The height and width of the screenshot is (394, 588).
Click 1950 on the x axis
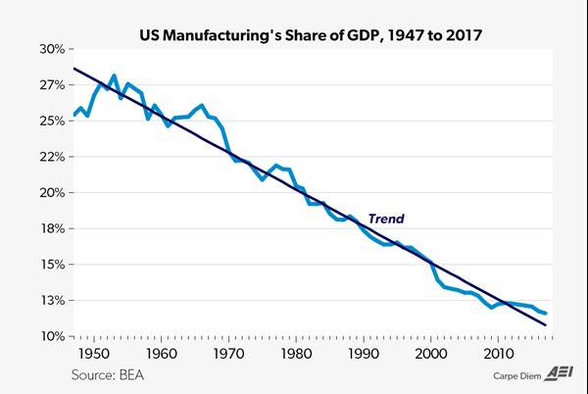(x=93, y=353)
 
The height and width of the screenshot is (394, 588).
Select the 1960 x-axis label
(x=161, y=353)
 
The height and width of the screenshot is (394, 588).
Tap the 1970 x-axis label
(x=228, y=353)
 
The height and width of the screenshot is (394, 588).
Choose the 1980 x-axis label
(x=296, y=353)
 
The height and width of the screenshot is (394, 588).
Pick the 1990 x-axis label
(x=364, y=353)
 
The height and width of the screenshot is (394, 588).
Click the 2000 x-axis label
(x=431, y=353)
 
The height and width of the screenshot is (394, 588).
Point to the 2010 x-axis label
(x=499, y=353)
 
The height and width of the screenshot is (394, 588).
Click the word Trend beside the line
(x=386, y=219)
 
